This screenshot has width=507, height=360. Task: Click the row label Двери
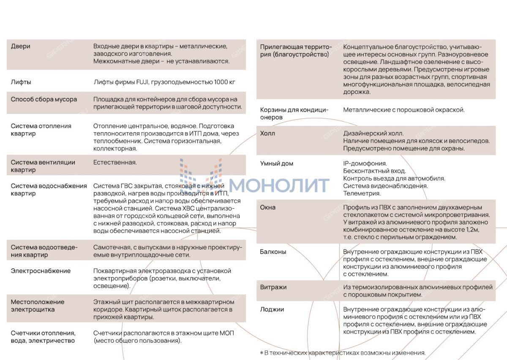point(20,46)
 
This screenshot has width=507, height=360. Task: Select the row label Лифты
point(21,82)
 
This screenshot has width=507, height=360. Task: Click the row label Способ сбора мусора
point(44,100)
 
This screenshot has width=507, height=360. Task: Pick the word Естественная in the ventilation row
point(115,162)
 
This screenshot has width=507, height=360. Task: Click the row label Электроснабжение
point(41,271)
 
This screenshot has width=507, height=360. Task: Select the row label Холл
point(267,134)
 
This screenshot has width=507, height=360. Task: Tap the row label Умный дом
point(276,164)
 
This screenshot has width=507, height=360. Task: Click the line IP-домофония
point(365,164)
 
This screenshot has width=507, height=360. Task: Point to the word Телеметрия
point(362,194)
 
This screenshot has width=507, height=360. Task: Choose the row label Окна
point(267,207)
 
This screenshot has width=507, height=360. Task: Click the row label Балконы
point(273,252)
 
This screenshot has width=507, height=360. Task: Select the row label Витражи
point(273,287)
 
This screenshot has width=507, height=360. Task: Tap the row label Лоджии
point(272,310)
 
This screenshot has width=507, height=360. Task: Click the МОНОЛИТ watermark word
point(279,185)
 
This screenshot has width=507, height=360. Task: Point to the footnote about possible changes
point(343,353)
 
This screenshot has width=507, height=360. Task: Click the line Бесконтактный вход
point(374,171)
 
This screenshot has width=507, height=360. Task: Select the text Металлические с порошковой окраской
point(403,110)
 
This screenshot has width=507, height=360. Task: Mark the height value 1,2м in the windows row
point(471,229)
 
